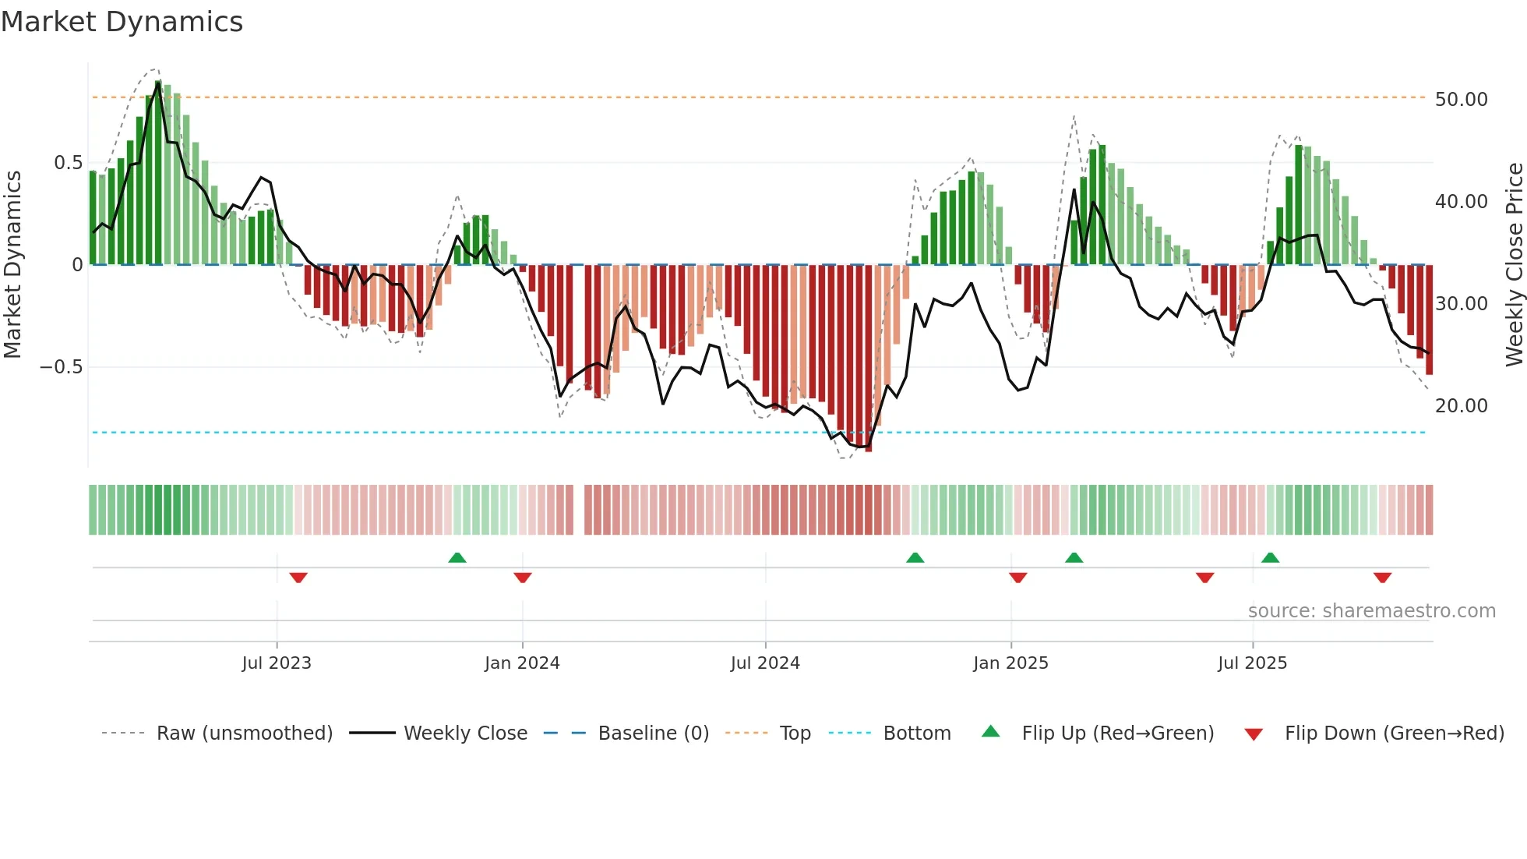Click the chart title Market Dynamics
click(x=122, y=22)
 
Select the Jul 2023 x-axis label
click(x=277, y=663)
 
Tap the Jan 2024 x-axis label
click(x=522, y=663)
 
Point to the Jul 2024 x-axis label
click(x=765, y=663)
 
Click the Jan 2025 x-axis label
click(x=1010, y=663)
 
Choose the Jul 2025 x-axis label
click(x=1252, y=663)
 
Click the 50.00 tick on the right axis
click(x=1461, y=100)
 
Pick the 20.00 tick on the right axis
click(x=1461, y=406)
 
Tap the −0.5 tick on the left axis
click(x=62, y=367)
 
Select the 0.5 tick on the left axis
click(x=68, y=163)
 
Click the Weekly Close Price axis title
click(x=1514, y=264)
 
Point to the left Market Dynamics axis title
click(x=12, y=264)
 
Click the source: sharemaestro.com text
click(x=1371, y=611)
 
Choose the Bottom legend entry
click(x=916, y=734)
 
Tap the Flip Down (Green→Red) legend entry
click(x=1393, y=734)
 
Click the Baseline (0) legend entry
click(x=653, y=734)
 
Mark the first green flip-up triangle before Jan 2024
click(x=457, y=558)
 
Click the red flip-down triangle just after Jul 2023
click(x=298, y=578)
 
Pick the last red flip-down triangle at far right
click(x=1382, y=578)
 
